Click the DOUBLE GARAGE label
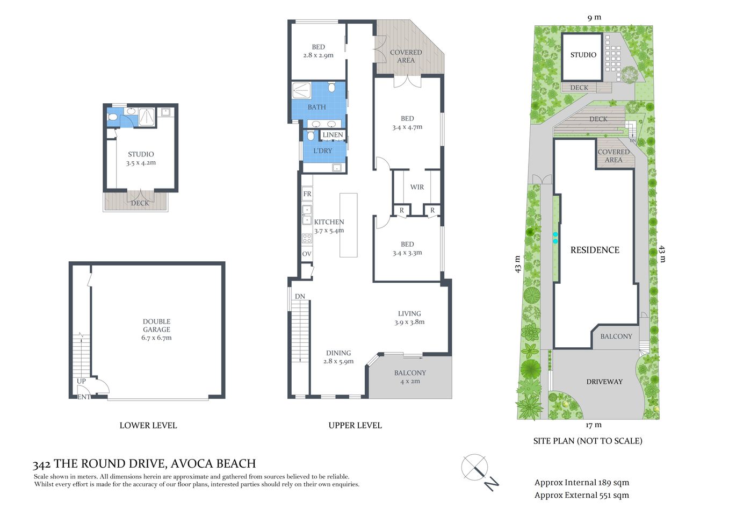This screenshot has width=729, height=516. pyautogui.click(x=156, y=326)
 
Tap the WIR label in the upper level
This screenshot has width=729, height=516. pyautogui.click(x=417, y=187)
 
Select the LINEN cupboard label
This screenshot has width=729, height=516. pyautogui.click(x=333, y=135)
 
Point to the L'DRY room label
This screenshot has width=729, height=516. pyautogui.click(x=322, y=151)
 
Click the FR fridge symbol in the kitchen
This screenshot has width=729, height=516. pyautogui.click(x=307, y=194)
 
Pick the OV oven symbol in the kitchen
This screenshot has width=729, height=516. pyautogui.click(x=307, y=254)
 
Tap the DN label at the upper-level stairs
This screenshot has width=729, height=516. pyautogui.click(x=300, y=297)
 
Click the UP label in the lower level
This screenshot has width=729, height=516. pyautogui.click(x=81, y=381)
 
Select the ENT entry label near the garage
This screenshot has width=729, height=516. pyautogui.click(x=83, y=397)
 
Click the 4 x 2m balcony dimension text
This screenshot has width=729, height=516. pyautogui.click(x=410, y=382)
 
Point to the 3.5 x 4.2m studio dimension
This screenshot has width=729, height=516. pyautogui.click(x=141, y=163)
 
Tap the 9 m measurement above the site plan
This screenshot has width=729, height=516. pyautogui.click(x=594, y=17)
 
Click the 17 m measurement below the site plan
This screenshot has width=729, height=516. pyautogui.click(x=594, y=425)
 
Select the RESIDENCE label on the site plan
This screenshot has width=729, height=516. pyautogui.click(x=595, y=250)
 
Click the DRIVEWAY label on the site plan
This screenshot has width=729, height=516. pyautogui.click(x=604, y=382)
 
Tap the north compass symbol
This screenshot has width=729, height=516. pyautogui.click(x=475, y=468)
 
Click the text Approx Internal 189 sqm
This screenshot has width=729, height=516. pyautogui.click(x=581, y=483)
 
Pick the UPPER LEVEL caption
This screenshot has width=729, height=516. pyautogui.click(x=355, y=425)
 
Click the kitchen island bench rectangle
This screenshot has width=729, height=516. pyautogui.click(x=348, y=225)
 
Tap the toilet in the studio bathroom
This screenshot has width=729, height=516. pyautogui.click(x=112, y=117)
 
